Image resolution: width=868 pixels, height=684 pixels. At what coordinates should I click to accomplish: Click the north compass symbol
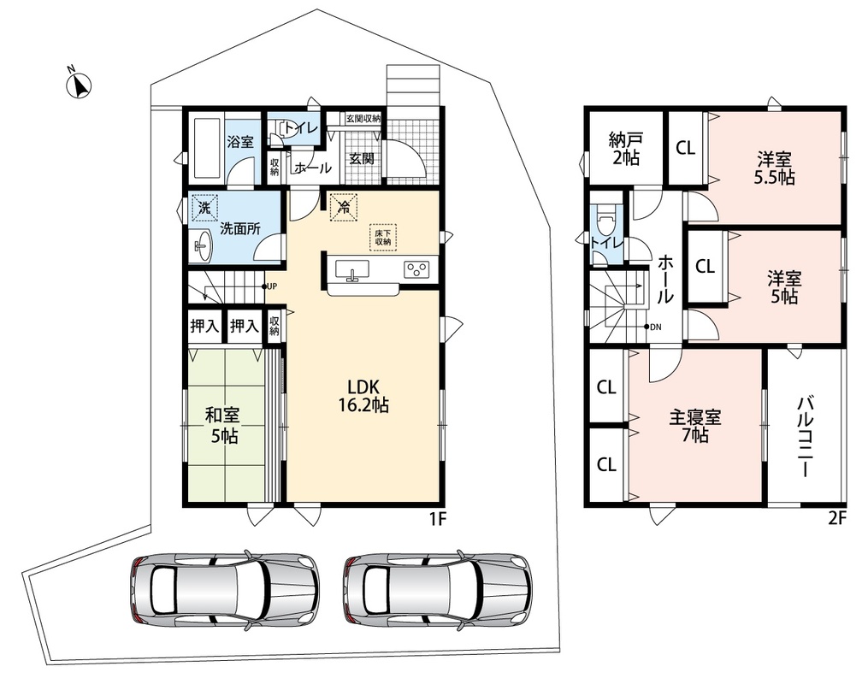pyautogui.click(x=78, y=85)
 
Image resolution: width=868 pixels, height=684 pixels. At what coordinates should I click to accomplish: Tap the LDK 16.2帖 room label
pyautogui.click(x=363, y=396)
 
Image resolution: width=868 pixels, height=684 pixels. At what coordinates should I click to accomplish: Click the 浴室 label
pyautogui.click(x=240, y=142)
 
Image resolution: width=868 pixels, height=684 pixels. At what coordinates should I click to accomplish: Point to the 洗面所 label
pyautogui.click(x=240, y=228)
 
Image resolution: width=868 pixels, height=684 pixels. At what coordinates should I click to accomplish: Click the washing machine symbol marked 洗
pyautogui.click(x=204, y=209)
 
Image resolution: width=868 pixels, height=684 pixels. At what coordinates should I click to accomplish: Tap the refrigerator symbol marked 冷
pyautogui.click(x=344, y=208)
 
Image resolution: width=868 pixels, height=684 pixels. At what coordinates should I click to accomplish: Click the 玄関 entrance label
pyautogui.click(x=362, y=159)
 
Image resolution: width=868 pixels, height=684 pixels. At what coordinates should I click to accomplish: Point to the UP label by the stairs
pyautogui.click(x=272, y=286)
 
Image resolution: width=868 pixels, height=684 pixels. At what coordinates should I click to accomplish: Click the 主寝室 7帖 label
pyautogui.click(x=694, y=426)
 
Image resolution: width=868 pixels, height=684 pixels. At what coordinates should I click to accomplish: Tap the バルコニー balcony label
pyautogui.click(x=805, y=437)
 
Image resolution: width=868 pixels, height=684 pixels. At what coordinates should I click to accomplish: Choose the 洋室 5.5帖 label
pyautogui.click(x=775, y=168)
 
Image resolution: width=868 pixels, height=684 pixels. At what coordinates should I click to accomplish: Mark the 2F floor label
pyautogui.click(x=838, y=518)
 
